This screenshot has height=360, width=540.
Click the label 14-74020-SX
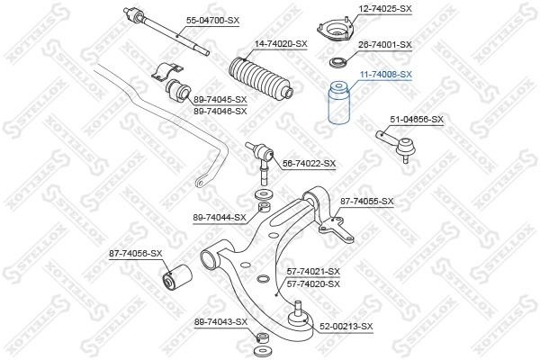[280, 43]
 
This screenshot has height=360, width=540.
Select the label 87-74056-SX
[135, 254]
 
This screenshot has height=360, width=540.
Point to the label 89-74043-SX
[220, 321]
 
